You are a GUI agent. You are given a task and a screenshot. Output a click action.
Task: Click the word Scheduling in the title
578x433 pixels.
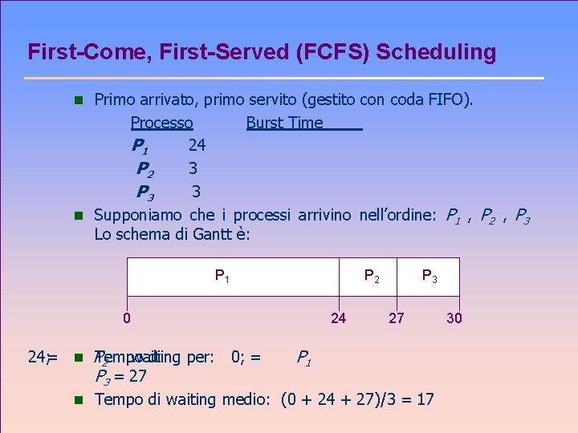(x=436, y=53)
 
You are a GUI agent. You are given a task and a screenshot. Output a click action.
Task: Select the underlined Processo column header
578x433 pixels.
(x=161, y=123)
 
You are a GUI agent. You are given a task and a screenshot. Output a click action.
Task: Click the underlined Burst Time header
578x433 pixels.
(x=284, y=123)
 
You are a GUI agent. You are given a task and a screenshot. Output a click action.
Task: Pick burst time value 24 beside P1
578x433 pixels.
(x=197, y=145)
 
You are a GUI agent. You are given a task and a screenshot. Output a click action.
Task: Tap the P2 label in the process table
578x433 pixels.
(x=145, y=169)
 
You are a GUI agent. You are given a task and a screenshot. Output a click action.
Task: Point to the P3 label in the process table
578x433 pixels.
(x=145, y=192)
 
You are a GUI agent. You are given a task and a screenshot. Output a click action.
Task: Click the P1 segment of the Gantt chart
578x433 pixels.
(x=233, y=277)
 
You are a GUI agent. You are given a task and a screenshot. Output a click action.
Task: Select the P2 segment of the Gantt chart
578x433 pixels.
(x=372, y=277)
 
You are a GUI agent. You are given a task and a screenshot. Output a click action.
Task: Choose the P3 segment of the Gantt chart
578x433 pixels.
(x=430, y=277)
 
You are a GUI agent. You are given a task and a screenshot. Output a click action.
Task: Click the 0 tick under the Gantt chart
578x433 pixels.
(x=127, y=318)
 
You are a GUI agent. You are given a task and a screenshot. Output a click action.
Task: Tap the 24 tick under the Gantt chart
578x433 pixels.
(x=339, y=318)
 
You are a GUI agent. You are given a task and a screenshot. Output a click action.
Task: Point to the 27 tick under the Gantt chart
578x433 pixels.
(x=397, y=318)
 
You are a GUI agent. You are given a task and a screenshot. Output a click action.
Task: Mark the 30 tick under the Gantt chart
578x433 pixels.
(x=454, y=318)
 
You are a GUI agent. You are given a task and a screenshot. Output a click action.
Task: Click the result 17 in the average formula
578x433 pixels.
(x=425, y=399)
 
